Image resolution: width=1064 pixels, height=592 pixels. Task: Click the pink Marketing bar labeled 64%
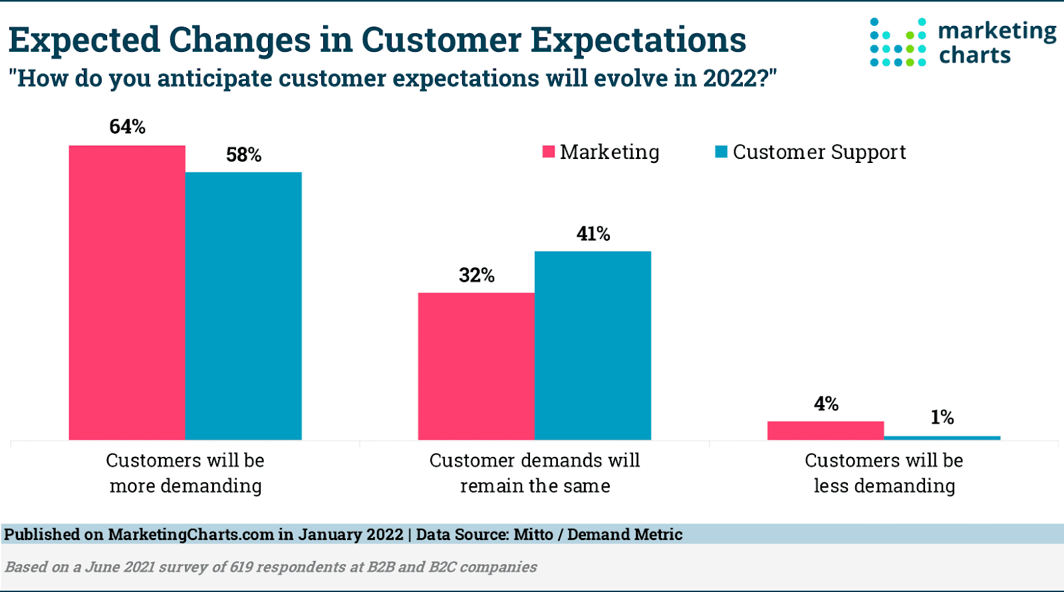tap(127, 293)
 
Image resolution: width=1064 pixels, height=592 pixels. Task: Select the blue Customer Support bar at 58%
tap(243, 306)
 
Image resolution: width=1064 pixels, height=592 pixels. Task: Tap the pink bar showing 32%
tap(476, 366)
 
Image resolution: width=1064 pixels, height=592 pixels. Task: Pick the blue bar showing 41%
tap(593, 345)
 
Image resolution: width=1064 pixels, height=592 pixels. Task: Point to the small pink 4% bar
tap(825, 430)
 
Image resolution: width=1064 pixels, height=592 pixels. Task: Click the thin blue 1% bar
tap(942, 438)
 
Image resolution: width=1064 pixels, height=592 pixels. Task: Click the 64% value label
tap(127, 126)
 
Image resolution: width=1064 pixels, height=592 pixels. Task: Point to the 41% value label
tap(593, 233)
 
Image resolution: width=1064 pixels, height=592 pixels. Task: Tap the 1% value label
tap(942, 417)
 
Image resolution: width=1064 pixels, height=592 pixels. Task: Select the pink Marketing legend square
tap(549, 152)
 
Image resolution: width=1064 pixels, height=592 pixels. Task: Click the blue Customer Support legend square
tap(721, 152)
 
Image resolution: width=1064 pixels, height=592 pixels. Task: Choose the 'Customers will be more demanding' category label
tap(186, 473)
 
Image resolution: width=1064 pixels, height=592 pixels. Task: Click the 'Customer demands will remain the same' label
tap(535, 473)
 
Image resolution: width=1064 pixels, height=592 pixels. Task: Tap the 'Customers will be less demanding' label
tap(884, 473)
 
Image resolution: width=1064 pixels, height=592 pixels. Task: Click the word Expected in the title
tap(84, 40)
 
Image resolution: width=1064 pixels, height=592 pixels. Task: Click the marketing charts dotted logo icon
tap(898, 43)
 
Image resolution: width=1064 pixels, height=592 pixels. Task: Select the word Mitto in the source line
tap(533, 534)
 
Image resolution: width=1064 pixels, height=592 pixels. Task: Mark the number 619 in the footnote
tap(243, 567)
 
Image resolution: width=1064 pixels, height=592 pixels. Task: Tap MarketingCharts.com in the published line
tap(191, 534)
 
